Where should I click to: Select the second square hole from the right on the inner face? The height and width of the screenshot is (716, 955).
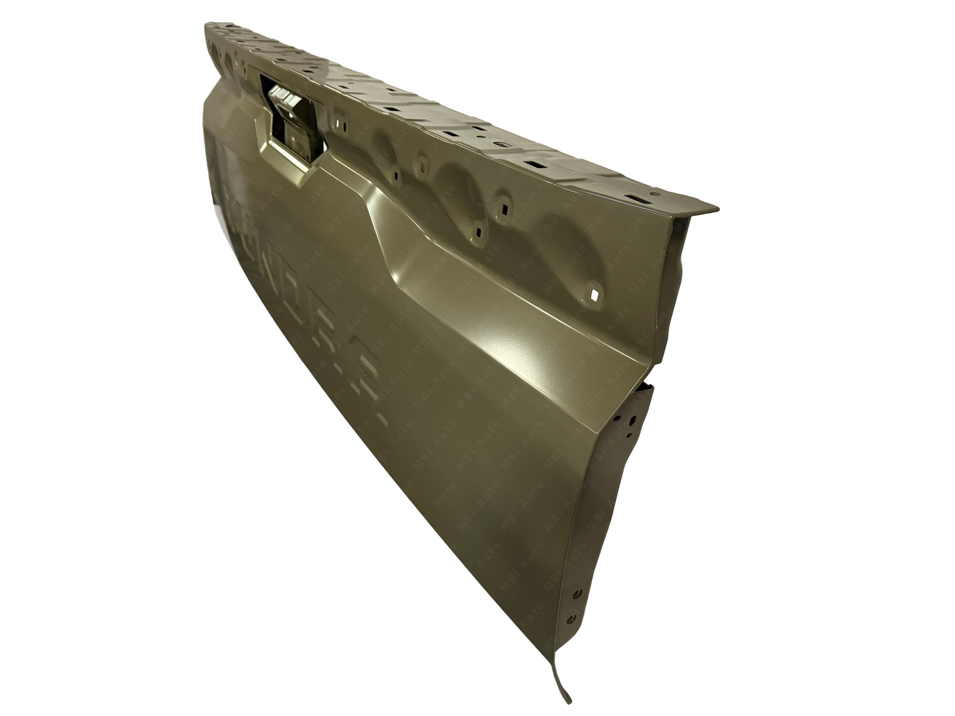tap(476, 227)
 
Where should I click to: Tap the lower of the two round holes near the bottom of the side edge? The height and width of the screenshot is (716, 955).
tap(570, 618)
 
